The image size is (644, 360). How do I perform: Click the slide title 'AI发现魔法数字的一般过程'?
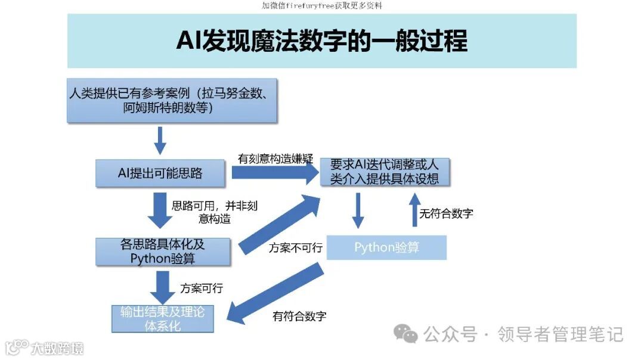tap(321, 42)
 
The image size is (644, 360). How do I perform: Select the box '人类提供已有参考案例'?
tap(172, 101)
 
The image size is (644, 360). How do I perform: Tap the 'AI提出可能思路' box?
tap(160, 173)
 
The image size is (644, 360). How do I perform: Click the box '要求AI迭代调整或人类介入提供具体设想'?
tap(385, 172)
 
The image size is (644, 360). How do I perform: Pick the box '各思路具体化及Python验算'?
tap(163, 252)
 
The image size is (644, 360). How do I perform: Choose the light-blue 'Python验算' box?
tap(386, 247)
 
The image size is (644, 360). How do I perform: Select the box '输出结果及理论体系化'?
tap(162, 319)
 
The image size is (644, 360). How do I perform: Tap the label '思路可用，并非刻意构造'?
tap(215, 212)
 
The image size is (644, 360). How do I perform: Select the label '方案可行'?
tap(202, 288)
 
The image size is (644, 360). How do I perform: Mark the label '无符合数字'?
tap(447, 213)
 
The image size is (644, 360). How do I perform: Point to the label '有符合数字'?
tap(299, 316)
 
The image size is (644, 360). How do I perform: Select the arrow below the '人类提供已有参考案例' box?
tap(160, 139)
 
